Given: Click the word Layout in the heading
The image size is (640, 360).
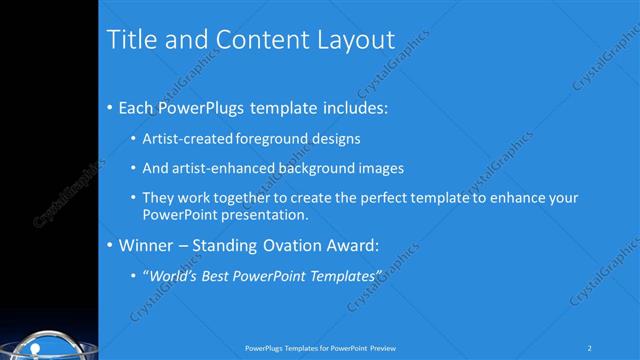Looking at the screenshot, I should click(x=356, y=40).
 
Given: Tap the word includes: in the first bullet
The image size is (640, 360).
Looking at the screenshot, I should click(x=350, y=107).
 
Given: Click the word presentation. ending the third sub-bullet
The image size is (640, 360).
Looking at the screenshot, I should click(x=260, y=214).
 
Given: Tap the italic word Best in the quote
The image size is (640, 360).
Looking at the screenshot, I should click(x=220, y=275).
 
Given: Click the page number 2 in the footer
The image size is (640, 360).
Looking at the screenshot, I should click(x=590, y=348).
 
